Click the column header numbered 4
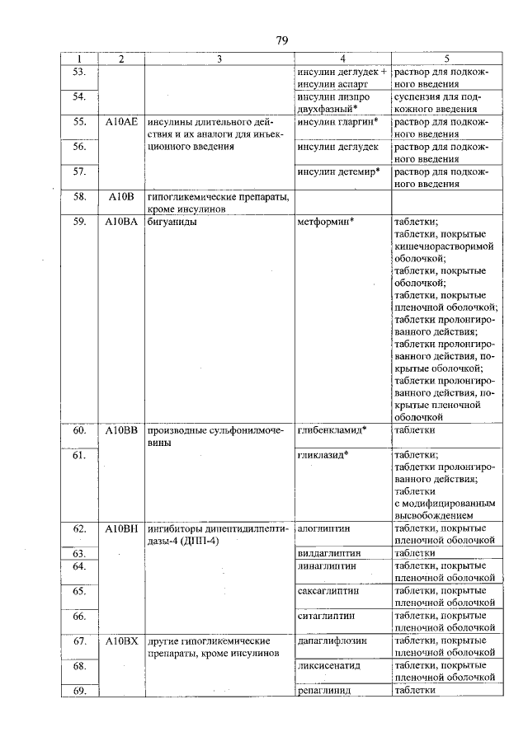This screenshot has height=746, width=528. tap(342, 59)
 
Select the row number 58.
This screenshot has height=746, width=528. tap(80, 197)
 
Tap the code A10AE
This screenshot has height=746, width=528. tap(120, 121)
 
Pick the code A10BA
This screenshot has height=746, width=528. tap(120, 222)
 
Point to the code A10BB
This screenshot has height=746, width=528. tap(120, 430)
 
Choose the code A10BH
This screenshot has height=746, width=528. tap(120, 527)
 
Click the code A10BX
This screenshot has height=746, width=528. tap(120, 640)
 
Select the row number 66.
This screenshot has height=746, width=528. tap(80, 616)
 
